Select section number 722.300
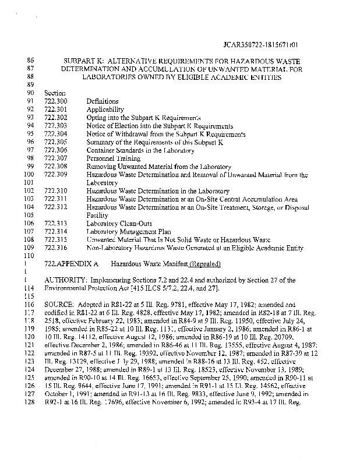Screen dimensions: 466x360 coord(55,101)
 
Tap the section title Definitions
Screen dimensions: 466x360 coord(103,101)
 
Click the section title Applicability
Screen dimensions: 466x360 coord(105,110)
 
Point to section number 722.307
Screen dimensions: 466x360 coord(55,158)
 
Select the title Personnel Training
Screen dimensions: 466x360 coord(114,158)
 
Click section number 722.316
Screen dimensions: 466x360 coord(55,248)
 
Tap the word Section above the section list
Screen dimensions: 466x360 coord(55,93)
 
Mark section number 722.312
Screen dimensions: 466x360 coord(55,207)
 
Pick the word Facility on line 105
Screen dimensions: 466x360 coord(97,216)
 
